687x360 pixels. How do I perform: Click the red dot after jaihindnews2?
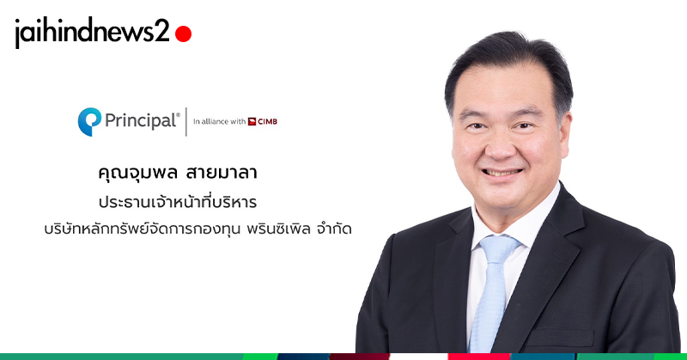pos(183,34)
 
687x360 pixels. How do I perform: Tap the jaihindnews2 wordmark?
pos(92,32)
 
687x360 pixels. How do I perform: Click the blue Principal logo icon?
pos(89,121)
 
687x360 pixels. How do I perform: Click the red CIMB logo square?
pos(252,121)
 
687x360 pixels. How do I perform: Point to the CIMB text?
pos(268,121)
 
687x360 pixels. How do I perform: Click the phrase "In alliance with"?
pos(219,121)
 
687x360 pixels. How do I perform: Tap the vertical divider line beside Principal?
pos(186,121)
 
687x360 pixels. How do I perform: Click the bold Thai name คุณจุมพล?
pos(137,173)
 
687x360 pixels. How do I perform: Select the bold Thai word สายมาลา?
pos(222,173)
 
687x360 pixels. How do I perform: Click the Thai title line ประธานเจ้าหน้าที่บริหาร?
pos(178,202)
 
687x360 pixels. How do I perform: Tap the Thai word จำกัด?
pos(334,229)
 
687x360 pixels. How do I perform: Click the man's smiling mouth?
pos(502,172)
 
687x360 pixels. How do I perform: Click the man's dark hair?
pos(508,57)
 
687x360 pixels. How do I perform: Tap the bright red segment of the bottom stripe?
pos(478,357)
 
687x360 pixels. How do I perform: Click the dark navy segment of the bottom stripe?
pos(303,357)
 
